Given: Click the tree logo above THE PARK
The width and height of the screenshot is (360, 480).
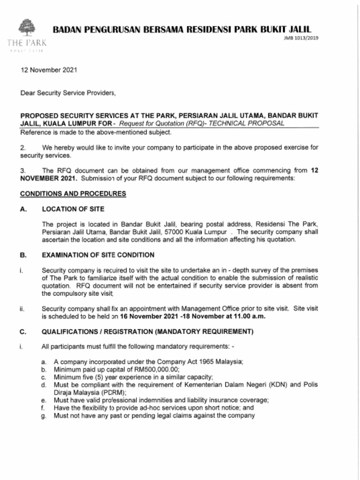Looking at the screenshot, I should [x=27, y=27].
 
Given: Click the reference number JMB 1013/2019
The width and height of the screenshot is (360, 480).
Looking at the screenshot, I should [x=301, y=38].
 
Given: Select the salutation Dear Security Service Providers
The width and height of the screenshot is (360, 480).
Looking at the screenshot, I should [x=68, y=93].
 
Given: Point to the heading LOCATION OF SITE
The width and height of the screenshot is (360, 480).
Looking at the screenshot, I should [x=73, y=209].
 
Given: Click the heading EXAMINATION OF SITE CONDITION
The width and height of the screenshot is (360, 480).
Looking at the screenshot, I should [x=98, y=255].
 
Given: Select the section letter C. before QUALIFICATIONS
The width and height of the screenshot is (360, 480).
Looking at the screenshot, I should [x=22, y=332].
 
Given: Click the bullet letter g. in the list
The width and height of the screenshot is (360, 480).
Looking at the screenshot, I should [x=44, y=415].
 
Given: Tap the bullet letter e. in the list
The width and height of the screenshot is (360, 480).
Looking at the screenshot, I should [x=44, y=400].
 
